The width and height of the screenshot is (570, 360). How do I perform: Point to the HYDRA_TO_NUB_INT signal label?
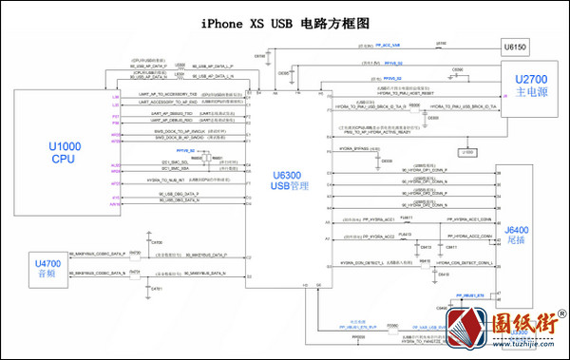click(168, 180)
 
